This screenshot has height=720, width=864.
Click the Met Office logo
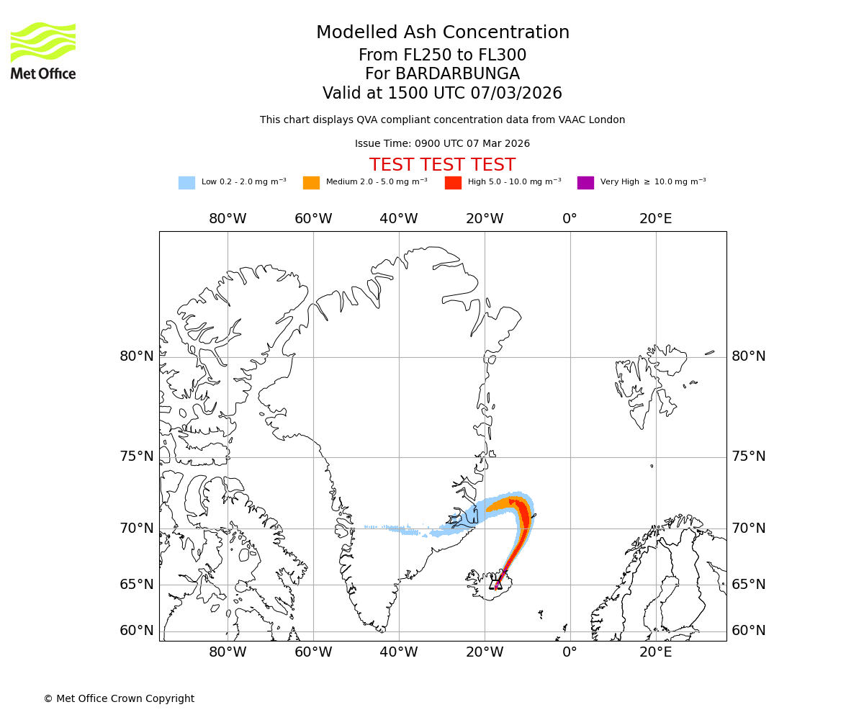click(43, 50)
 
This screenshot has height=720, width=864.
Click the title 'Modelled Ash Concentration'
click(443, 32)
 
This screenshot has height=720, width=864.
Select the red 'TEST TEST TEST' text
click(442, 165)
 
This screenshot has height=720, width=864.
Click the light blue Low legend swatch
click(186, 182)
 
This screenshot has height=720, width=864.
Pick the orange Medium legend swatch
click(311, 182)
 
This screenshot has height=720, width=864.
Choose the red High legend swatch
click(453, 182)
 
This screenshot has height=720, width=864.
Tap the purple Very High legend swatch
click(585, 182)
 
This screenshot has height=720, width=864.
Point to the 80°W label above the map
click(228, 219)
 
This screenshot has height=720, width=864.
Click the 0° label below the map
click(570, 653)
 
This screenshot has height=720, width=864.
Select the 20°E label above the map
click(655, 219)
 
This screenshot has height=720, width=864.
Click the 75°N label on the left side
click(137, 456)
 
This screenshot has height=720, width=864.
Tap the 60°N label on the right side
click(749, 631)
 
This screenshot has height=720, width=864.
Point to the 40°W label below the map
click(399, 653)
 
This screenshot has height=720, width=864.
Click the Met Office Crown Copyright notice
click(119, 698)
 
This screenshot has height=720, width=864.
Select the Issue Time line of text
click(442, 144)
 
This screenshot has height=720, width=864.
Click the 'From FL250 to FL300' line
click(442, 55)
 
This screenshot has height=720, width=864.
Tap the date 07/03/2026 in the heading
click(516, 94)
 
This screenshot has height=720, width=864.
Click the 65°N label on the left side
click(137, 584)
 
